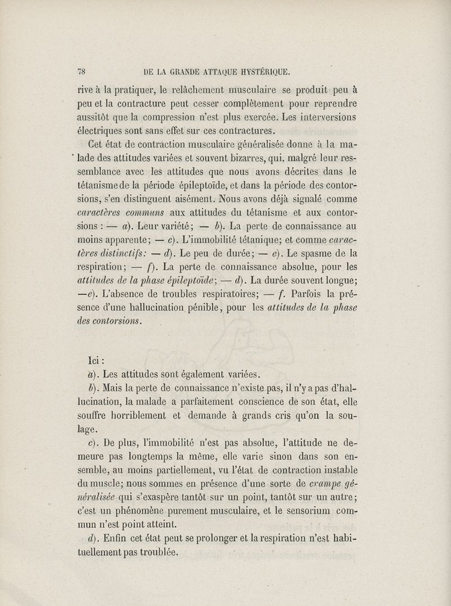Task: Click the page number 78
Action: click(x=83, y=72)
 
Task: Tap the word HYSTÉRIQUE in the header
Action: click(x=258, y=72)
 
